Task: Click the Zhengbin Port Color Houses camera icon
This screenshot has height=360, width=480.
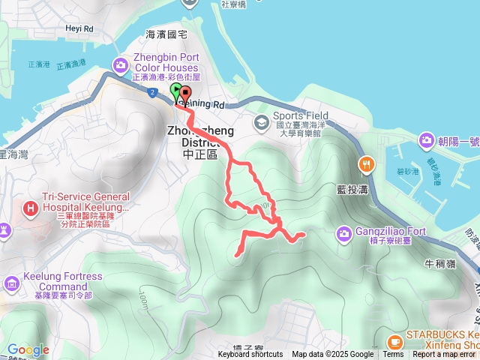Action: (x=121, y=65)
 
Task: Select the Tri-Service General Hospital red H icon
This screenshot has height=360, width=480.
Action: (x=31, y=207)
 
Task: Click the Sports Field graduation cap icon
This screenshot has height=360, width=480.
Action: (x=261, y=122)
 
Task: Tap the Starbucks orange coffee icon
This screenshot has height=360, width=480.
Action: (x=396, y=342)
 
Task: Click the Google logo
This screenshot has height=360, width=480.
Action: (x=28, y=349)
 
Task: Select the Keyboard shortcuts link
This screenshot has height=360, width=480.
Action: (x=250, y=355)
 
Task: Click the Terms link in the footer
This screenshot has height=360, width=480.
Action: (x=393, y=355)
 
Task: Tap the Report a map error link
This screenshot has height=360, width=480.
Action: (x=443, y=355)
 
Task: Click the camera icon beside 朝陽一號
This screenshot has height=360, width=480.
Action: (x=427, y=139)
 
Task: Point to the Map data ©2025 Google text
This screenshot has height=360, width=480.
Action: (x=333, y=355)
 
